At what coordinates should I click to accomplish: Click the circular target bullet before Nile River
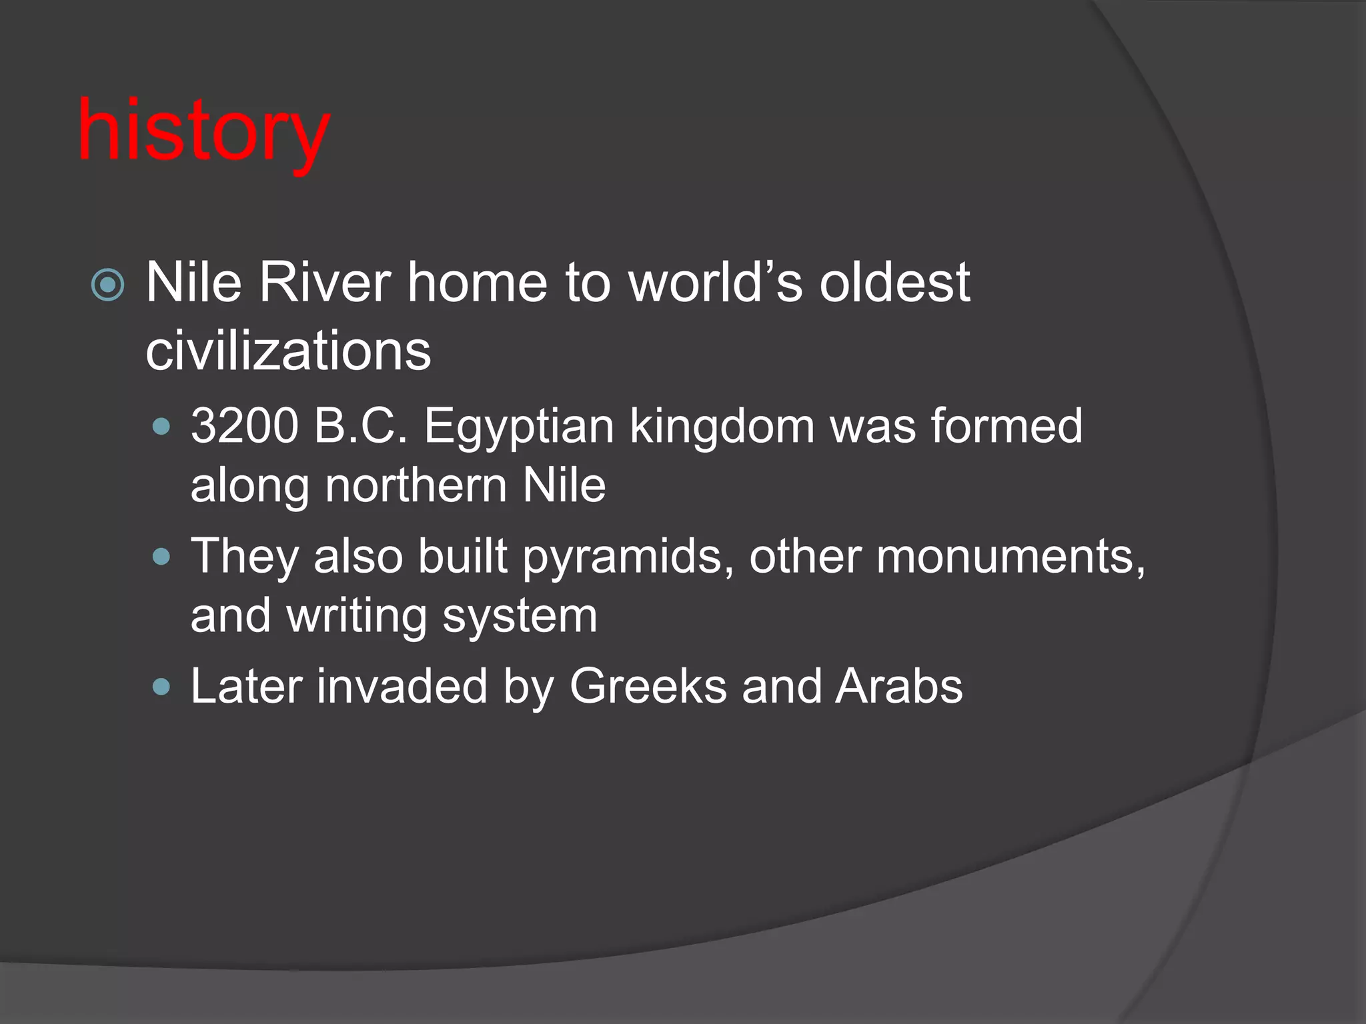click(107, 285)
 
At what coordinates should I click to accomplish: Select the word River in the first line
click(324, 283)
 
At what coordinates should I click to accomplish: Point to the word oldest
click(894, 283)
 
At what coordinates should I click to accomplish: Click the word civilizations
click(288, 351)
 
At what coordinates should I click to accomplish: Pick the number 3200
click(244, 426)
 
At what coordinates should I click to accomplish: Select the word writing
click(357, 616)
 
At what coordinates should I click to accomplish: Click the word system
click(520, 617)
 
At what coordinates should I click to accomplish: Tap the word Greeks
click(647, 686)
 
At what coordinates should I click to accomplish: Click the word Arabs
click(898, 686)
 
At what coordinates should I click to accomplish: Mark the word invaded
click(402, 686)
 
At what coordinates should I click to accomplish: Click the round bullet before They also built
click(161, 556)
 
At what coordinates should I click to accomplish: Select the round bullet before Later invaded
click(161, 687)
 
